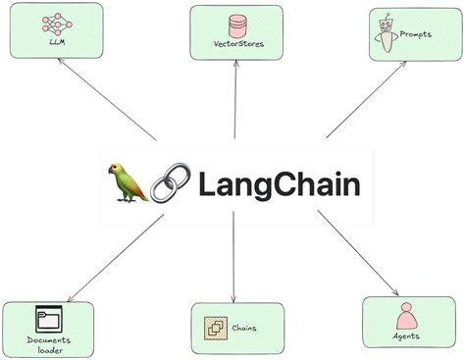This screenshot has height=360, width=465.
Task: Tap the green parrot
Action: click(x=129, y=183)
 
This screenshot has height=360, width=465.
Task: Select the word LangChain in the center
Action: click(x=280, y=184)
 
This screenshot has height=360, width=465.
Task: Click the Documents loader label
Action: click(x=48, y=343)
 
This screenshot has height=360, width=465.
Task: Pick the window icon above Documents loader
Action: click(x=48, y=319)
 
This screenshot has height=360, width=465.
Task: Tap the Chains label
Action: click(x=244, y=328)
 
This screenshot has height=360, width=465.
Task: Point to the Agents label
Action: click(x=405, y=335)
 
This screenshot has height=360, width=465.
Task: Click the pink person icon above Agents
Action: click(x=405, y=316)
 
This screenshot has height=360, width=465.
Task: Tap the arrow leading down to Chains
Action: click(x=234, y=260)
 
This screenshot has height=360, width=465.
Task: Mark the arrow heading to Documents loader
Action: click(x=113, y=257)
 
